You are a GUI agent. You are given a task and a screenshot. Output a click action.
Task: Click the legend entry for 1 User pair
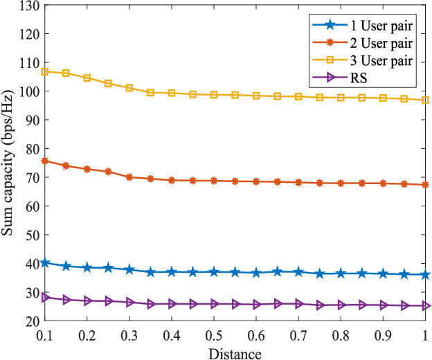(x=364, y=26)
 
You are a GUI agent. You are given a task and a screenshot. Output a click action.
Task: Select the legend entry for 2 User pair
(x=364, y=43)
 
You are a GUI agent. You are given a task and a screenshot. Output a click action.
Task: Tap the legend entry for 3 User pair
(x=364, y=60)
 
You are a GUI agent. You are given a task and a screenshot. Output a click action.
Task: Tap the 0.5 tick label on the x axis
(x=214, y=336)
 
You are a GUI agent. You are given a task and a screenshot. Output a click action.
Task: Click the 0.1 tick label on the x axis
(x=45, y=336)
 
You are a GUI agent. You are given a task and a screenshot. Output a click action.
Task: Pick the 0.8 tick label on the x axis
(x=341, y=336)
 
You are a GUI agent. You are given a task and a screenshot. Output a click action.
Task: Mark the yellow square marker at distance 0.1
(x=45, y=71)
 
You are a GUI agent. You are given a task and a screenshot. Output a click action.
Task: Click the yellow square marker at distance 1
(x=426, y=100)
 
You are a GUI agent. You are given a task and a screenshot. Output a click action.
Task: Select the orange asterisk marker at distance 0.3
(x=129, y=177)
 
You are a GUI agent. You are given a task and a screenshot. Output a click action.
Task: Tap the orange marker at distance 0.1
(x=45, y=161)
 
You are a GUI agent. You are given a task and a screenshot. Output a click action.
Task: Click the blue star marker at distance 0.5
(x=214, y=272)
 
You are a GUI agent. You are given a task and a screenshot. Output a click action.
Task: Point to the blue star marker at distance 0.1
(x=45, y=263)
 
